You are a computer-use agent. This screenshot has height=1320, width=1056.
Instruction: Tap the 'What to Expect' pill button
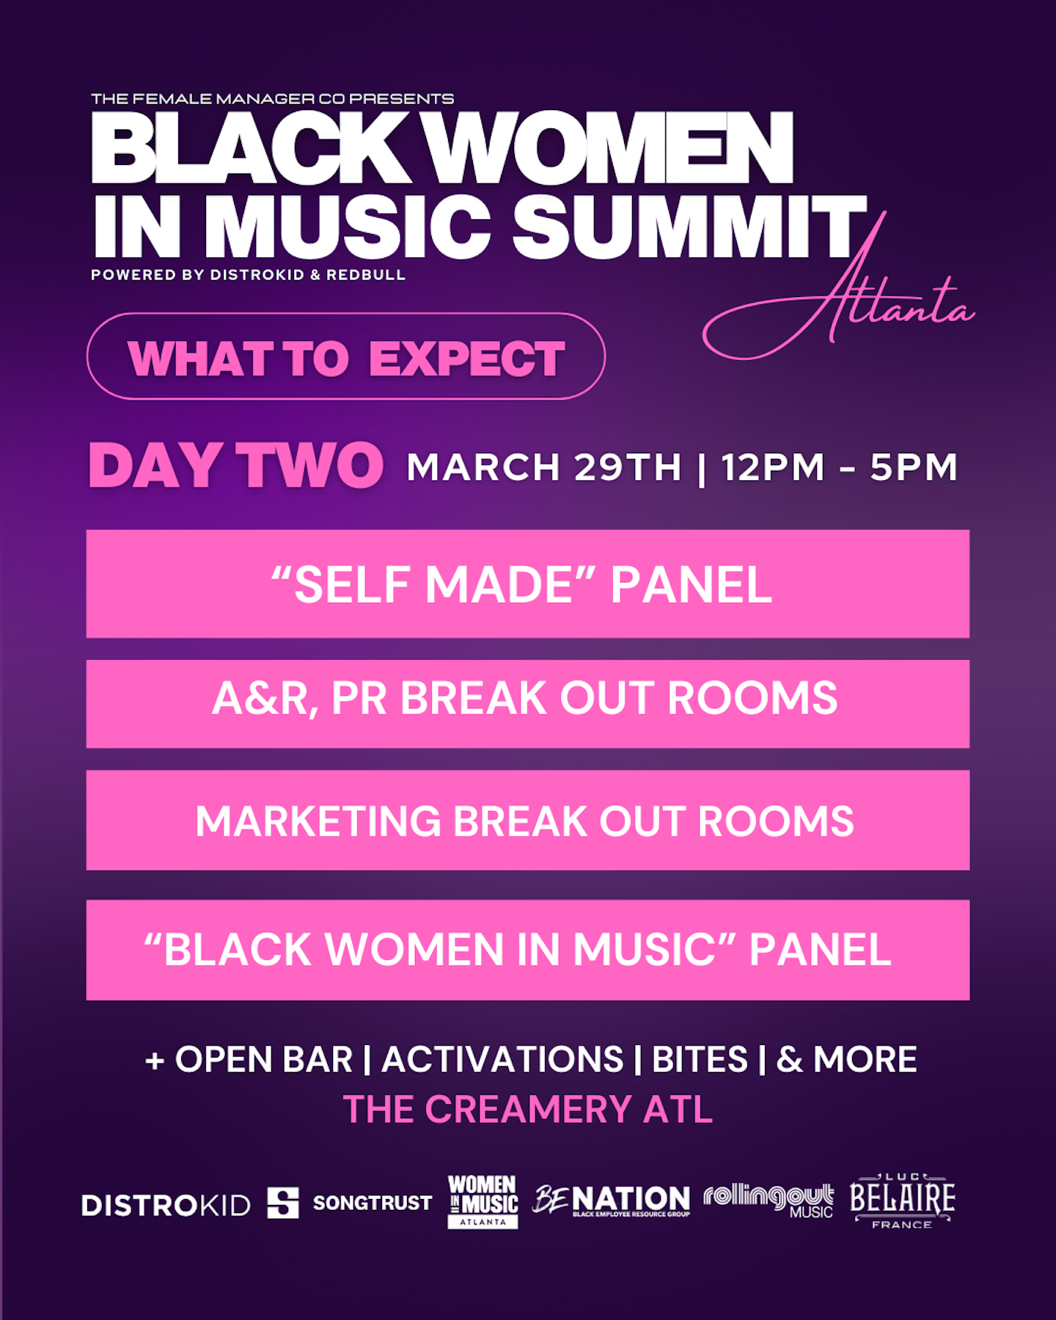pos(346,356)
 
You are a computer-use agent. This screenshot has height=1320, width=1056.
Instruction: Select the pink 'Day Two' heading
pos(236,466)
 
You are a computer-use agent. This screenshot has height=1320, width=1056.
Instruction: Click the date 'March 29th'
pos(544,467)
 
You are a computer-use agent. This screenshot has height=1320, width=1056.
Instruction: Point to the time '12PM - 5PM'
pos(840,467)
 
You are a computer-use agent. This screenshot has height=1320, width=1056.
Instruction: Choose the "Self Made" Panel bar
pos(528,584)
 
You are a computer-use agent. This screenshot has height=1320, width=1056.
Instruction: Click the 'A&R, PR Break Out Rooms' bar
pos(528,704)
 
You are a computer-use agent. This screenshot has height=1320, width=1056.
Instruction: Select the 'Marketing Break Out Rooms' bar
pos(528,820)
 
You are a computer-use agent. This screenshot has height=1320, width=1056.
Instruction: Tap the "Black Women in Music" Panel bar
pos(528,950)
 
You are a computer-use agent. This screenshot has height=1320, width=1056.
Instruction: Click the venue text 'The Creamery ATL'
pos(528,1109)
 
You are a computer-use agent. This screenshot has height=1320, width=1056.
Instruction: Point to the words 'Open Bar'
pos(264,1060)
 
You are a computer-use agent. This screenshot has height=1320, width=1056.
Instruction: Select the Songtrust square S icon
pos(283,1203)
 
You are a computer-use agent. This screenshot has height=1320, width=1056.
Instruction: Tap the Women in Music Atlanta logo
pos(483,1201)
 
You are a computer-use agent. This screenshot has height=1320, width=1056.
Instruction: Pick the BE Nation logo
pos(611,1200)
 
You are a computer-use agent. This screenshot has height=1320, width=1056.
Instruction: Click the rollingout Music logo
pos(769,1200)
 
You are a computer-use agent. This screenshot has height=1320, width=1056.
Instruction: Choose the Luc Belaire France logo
pos(903,1200)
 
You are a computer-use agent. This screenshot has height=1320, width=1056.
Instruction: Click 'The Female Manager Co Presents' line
pos(273,99)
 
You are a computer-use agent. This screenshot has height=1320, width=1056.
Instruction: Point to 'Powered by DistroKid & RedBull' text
pos(248,275)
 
